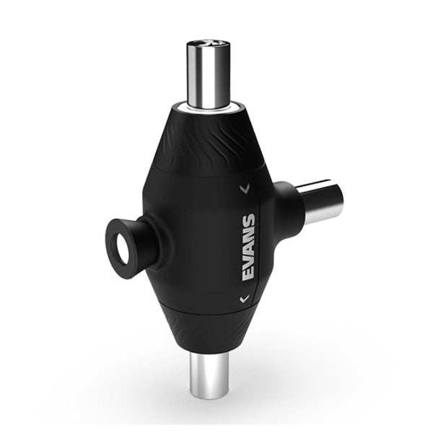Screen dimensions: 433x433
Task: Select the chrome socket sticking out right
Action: (x=322, y=203)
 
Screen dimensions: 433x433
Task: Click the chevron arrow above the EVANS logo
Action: (x=246, y=190)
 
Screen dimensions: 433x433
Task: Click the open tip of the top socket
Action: (x=212, y=45)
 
